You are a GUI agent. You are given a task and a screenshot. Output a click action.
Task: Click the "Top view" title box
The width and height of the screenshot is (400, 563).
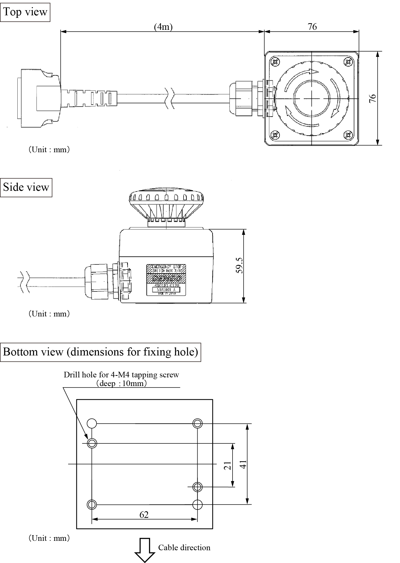(25, 12)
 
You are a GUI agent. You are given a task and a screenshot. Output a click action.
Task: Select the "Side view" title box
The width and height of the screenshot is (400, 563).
(26, 187)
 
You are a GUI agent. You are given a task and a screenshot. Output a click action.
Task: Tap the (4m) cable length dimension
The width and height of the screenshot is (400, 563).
(163, 27)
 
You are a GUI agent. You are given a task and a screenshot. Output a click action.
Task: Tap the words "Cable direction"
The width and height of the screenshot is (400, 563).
(184, 547)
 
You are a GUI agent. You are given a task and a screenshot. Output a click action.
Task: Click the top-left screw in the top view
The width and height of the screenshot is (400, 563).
(275, 62)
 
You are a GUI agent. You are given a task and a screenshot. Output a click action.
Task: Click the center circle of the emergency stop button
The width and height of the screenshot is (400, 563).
(312, 99)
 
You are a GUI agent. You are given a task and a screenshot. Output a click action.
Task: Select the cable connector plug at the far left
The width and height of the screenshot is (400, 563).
(38, 98)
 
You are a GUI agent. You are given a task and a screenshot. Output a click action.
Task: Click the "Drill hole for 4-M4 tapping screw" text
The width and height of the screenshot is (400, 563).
(121, 375)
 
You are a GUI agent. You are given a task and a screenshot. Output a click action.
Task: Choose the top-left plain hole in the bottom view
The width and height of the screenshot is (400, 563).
(92, 424)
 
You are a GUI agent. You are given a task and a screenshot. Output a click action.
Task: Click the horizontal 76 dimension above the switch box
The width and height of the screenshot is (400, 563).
(312, 27)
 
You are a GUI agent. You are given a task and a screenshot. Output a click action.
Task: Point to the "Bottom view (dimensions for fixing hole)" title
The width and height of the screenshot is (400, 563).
(101, 352)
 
